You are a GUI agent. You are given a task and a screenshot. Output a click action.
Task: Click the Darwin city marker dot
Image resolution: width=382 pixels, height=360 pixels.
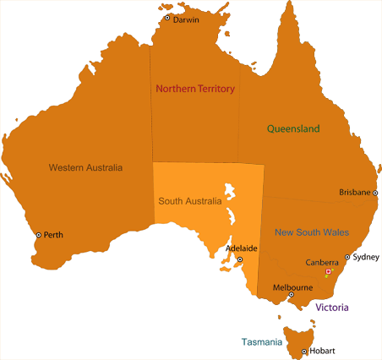[x=167, y=18]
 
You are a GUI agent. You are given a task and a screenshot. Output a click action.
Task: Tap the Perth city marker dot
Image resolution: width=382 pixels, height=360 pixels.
[x=38, y=235]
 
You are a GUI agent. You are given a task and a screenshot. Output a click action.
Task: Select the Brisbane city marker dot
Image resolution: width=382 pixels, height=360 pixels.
[x=375, y=193]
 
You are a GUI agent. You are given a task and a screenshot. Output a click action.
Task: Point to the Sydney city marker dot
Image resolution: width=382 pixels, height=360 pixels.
[x=347, y=257]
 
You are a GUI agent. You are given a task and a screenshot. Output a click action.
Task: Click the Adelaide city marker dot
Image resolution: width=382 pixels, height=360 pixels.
[x=239, y=259]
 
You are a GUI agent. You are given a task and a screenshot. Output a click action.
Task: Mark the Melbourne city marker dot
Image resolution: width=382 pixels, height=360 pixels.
[x=291, y=295]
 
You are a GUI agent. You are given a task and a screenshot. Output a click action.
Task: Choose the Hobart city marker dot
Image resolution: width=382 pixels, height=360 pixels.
[x=303, y=351]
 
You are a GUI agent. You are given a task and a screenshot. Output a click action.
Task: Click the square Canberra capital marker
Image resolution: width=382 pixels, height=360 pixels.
[x=329, y=271]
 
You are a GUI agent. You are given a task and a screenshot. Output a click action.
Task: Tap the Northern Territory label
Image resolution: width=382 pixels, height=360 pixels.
[x=194, y=89]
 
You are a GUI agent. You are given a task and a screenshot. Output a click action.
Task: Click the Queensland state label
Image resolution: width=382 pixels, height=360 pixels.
[x=293, y=129]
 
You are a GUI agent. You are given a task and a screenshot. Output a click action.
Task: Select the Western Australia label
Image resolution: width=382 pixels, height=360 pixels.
[x=85, y=167]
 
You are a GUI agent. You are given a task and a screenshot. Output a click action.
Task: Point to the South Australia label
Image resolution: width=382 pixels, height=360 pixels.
[x=189, y=202]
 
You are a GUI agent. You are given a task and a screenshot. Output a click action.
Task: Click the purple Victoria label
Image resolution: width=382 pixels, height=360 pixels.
[x=332, y=308]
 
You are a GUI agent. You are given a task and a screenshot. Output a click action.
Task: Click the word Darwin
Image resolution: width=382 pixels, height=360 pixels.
[x=186, y=19]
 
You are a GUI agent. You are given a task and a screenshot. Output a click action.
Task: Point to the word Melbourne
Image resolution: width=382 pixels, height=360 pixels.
[x=292, y=287]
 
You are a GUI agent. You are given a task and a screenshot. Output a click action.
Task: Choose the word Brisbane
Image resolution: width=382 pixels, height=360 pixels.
[x=354, y=193]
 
